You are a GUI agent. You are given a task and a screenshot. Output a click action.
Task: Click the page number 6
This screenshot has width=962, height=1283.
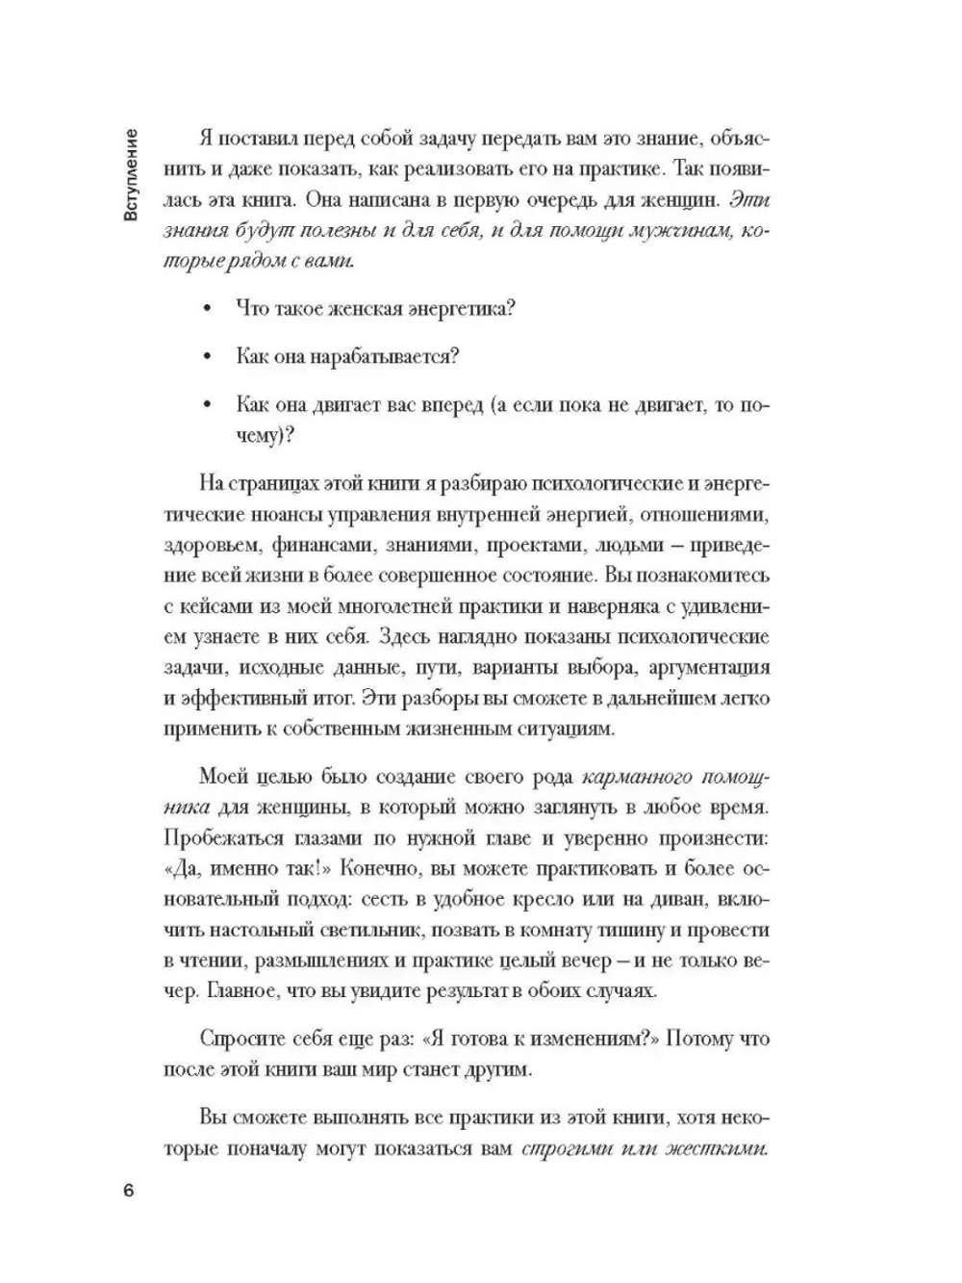(x=129, y=1189)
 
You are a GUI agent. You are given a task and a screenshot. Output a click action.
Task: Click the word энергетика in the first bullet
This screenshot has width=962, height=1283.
(x=453, y=308)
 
